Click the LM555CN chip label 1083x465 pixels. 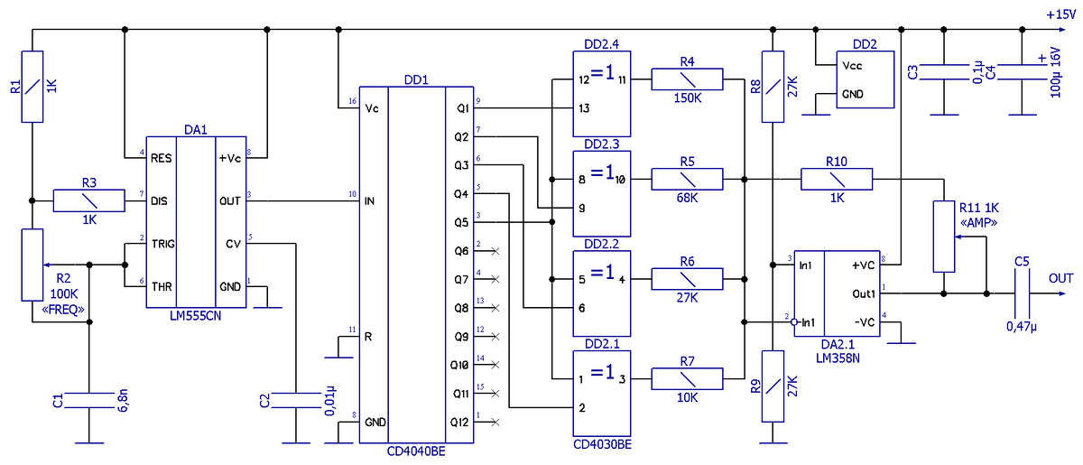(x=195, y=316)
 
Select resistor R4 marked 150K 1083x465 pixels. (x=687, y=79)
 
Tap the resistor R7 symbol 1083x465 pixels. (x=687, y=379)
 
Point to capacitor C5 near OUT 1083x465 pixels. (x=1022, y=293)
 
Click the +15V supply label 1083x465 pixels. (x=1060, y=14)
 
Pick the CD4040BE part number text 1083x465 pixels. (x=416, y=451)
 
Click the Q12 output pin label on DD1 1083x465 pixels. (x=459, y=423)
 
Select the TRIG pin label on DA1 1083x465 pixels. (x=163, y=244)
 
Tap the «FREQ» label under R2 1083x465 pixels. (x=63, y=310)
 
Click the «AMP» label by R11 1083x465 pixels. (x=978, y=223)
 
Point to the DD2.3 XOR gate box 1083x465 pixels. (x=601, y=193)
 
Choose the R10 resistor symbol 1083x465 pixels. (x=837, y=179)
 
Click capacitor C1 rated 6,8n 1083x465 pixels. (x=89, y=400)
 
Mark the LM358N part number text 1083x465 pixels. (x=838, y=358)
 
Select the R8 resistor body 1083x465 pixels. (x=773, y=87)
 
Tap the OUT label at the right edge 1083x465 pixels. (x=1060, y=279)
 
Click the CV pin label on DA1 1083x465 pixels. (x=233, y=244)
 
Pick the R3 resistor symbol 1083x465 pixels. (x=89, y=200)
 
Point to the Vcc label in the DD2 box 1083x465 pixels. (x=852, y=66)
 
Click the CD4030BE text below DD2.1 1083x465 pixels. (x=602, y=444)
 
